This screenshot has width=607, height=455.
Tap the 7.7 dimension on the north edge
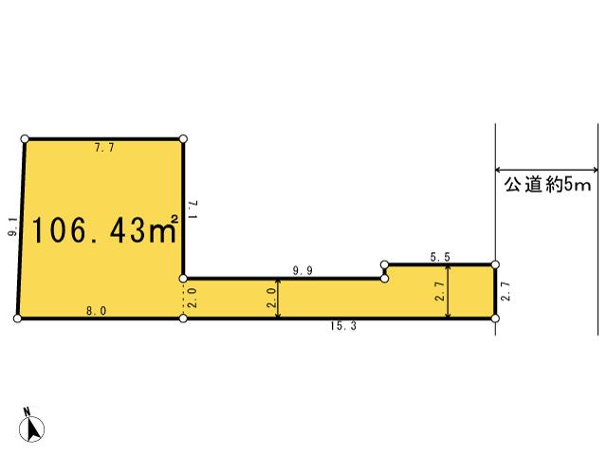point(104,149)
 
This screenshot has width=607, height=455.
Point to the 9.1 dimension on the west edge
point(11,227)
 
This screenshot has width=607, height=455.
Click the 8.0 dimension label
point(98,310)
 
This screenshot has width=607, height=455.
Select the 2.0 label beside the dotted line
point(193,298)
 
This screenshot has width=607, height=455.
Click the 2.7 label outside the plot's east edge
point(506,291)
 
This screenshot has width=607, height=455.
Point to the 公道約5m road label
point(546,187)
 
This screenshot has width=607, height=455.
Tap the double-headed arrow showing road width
point(546,171)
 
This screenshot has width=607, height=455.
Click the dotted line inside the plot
point(183,299)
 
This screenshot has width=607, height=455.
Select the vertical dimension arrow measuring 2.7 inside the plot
point(449,292)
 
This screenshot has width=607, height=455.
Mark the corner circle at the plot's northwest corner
point(25,138)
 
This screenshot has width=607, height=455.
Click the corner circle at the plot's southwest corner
point(18,318)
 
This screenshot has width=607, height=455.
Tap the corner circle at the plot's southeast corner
point(495,318)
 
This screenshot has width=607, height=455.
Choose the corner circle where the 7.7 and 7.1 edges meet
point(183,138)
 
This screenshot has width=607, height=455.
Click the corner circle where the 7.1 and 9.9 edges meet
point(183,279)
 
